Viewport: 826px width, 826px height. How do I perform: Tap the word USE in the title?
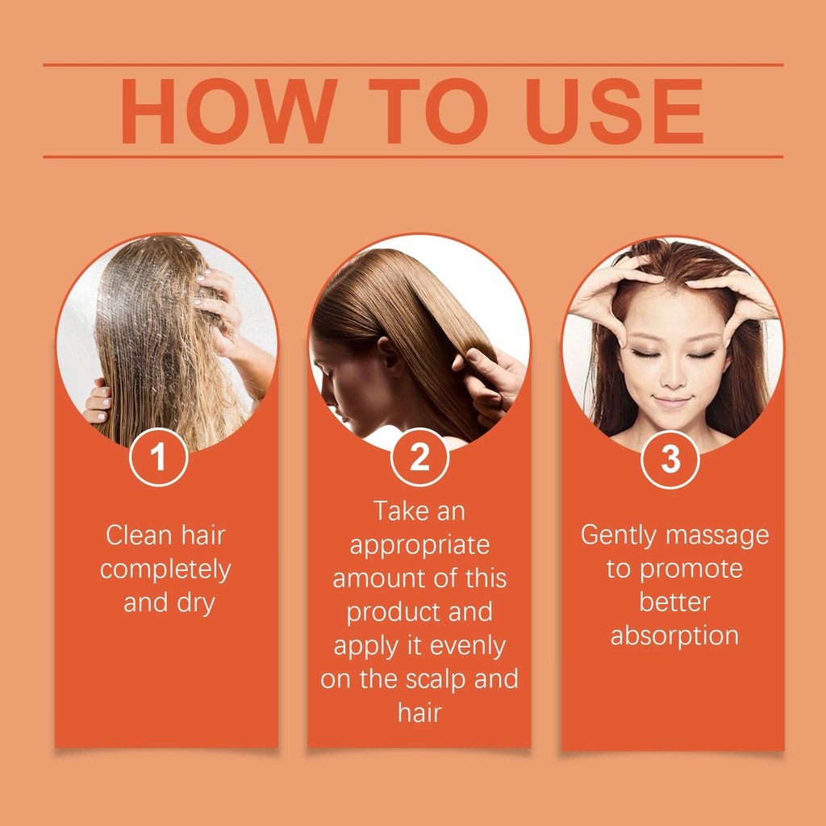(x=614, y=111)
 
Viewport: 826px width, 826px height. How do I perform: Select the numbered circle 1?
(x=159, y=457)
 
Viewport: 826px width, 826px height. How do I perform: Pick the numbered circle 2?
(x=419, y=457)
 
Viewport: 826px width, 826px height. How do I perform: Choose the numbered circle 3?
(x=670, y=459)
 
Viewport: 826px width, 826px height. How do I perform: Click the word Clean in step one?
(x=139, y=536)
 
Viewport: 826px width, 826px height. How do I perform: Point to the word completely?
(x=165, y=570)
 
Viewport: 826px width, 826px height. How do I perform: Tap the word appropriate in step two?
(x=419, y=546)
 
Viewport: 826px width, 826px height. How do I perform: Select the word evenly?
(x=467, y=647)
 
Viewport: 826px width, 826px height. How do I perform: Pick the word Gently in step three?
(x=619, y=536)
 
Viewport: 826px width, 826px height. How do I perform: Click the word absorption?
(x=674, y=636)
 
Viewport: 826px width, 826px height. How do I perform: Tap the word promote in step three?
(x=691, y=570)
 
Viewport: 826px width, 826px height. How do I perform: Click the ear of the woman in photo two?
(x=391, y=357)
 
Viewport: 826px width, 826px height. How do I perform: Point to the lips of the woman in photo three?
(x=671, y=402)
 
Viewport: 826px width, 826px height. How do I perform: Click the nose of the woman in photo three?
(x=673, y=375)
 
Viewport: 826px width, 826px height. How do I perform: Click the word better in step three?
(x=675, y=603)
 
